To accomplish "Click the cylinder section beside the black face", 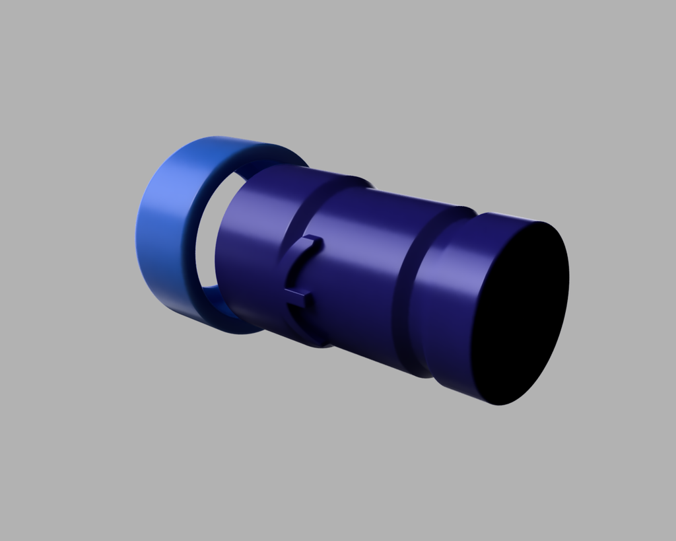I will point(456,297).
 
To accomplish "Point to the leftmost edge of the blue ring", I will point(136,238).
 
